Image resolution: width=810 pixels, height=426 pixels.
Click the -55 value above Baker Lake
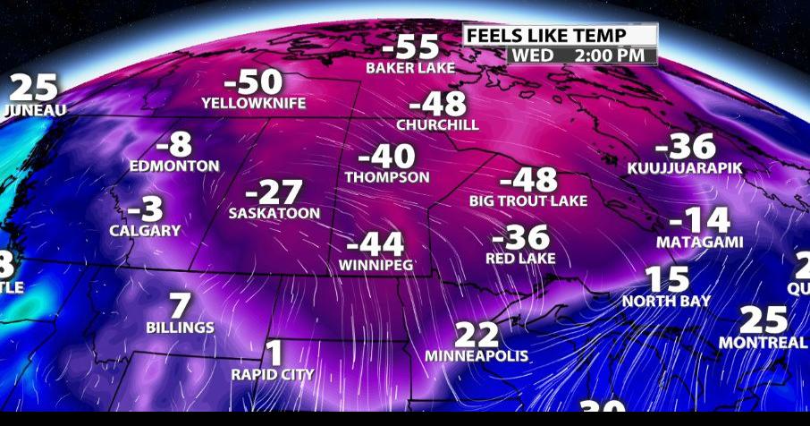pos(410,47)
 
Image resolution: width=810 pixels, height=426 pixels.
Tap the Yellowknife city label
pos(253,104)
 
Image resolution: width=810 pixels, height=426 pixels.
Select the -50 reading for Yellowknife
pos(253,83)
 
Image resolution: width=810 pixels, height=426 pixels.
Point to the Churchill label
pos(437,124)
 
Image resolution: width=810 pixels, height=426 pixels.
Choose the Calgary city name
pos(145,231)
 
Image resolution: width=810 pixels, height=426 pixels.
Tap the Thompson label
pos(387,178)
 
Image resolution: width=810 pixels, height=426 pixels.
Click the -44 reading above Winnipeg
pos(375,244)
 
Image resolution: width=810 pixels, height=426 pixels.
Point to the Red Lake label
pos(520,259)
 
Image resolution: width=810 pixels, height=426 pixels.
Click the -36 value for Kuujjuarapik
pos(686,147)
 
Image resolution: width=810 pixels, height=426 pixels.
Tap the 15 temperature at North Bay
pos(666,280)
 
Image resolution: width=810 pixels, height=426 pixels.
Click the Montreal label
pos(763,344)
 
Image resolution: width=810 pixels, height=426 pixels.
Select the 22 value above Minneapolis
pos(477,336)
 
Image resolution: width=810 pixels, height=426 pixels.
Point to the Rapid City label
pos(273,374)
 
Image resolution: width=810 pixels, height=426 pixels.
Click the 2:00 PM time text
pos(612,55)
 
